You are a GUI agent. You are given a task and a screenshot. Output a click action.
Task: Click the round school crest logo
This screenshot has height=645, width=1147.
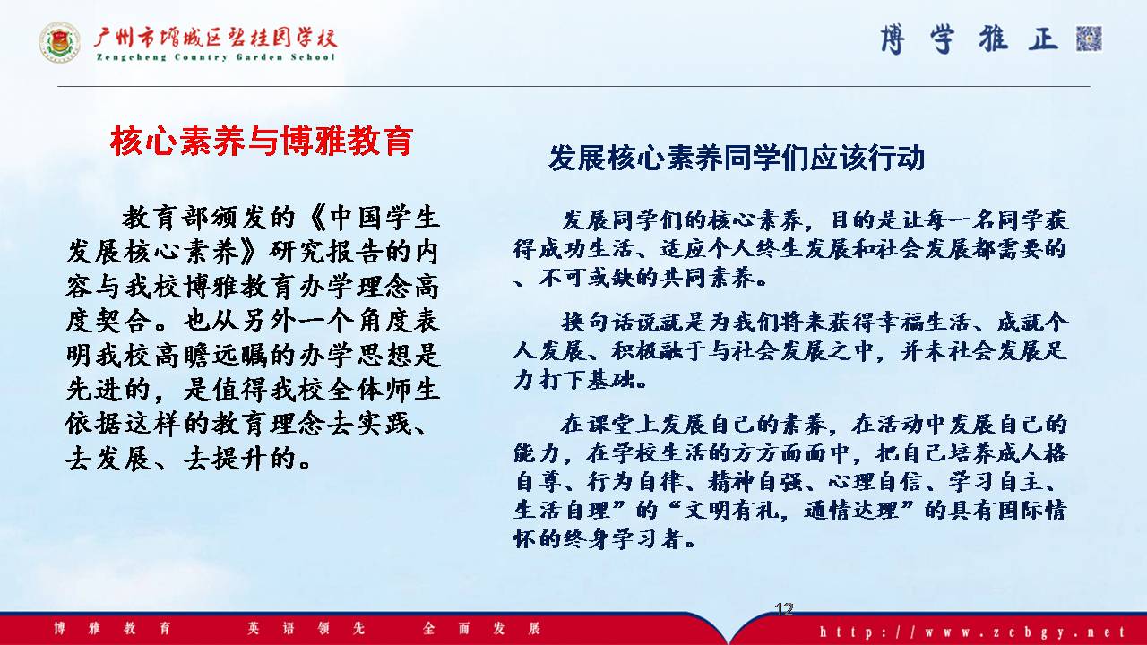coord(59,42)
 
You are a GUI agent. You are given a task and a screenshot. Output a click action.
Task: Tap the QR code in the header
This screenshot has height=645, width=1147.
coord(1089,39)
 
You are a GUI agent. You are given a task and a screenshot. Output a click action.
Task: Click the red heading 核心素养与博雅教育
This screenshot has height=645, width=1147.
coord(262,141)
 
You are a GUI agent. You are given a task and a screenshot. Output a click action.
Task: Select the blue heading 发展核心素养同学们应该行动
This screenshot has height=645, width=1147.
coord(737,158)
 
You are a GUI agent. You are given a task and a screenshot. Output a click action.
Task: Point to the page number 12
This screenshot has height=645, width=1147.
coord(784,609)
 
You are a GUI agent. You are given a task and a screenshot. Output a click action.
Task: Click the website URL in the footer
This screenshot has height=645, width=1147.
coord(972,632)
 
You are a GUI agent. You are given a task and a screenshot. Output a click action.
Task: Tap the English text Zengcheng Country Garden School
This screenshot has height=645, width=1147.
coord(216,56)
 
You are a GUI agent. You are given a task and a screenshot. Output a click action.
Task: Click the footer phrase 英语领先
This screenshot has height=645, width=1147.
coord(306,628)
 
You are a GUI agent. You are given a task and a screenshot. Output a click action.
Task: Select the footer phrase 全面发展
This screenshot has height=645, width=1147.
coord(482,628)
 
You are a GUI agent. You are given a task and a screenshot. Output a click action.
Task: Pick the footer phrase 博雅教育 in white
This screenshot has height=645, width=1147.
coord(112,628)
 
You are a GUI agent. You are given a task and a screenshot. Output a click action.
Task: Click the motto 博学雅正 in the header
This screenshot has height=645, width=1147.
coord(969,39)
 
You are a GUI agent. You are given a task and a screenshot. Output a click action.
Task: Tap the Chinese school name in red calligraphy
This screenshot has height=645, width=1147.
coord(216,37)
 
